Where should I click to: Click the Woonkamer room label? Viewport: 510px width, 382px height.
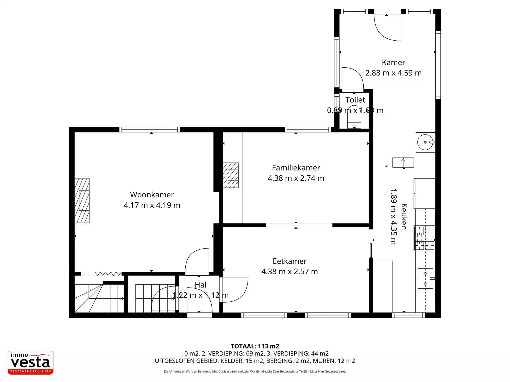(x=152, y=195)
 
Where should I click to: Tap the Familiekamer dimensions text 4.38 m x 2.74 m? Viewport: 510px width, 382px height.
(x=296, y=178)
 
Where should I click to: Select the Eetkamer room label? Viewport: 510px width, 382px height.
(x=290, y=261)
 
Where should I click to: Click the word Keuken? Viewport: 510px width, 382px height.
(x=404, y=216)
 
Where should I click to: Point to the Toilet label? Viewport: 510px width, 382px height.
(x=355, y=100)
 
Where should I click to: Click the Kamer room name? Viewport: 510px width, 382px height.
(x=393, y=63)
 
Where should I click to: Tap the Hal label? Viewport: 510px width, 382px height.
(x=200, y=285)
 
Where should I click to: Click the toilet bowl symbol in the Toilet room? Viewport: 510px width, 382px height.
(x=354, y=117)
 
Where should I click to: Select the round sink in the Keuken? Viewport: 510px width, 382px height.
(x=425, y=142)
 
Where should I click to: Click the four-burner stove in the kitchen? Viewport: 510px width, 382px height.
(x=425, y=238)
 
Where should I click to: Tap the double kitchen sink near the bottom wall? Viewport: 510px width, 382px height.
(x=425, y=279)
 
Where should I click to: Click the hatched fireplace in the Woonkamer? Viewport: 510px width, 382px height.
(x=82, y=201)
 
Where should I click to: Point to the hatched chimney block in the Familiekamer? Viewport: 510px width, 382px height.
(x=231, y=175)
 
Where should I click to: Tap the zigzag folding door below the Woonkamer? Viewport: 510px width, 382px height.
(x=108, y=274)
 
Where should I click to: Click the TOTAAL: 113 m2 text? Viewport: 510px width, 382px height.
(x=255, y=346)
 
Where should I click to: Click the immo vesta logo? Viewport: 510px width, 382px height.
(x=31, y=363)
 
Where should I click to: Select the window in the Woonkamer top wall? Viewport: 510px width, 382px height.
(x=150, y=130)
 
